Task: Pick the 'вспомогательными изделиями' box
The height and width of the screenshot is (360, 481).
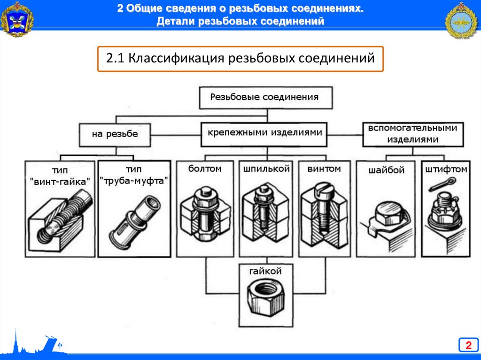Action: click(x=412, y=134)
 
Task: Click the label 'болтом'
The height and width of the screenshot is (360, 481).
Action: click(x=205, y=168)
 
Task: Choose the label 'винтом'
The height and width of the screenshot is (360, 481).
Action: click(x=324, y=168)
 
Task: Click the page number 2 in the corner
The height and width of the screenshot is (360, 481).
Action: click(x=468, y=346)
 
